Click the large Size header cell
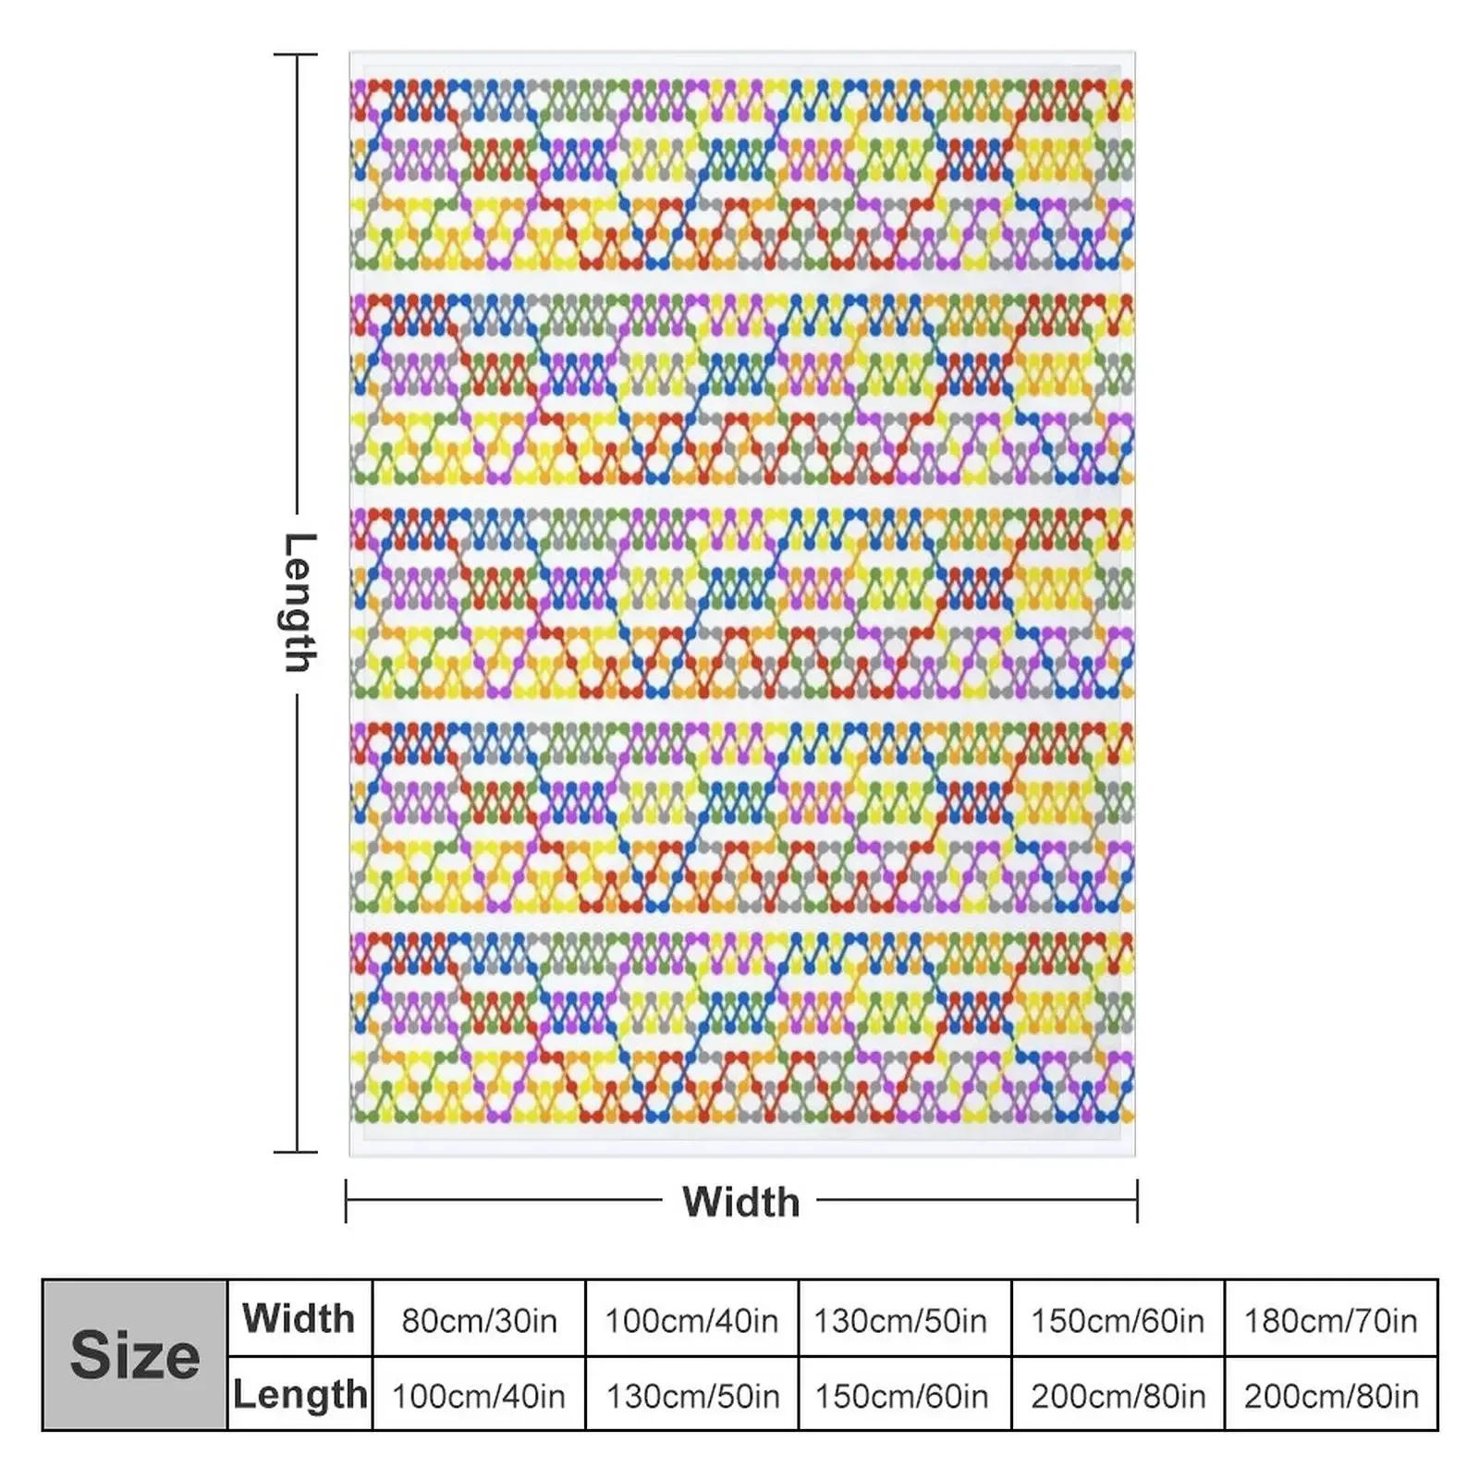point(135,1355)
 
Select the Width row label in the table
point(299,1318)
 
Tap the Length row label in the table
point(299,1394)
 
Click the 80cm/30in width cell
point(479,1320)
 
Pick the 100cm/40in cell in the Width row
point(691,1320)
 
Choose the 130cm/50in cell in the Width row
point(900,1320)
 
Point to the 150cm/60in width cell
point(1118,1320)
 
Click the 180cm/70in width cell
point(1330,1320)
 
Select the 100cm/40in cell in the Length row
point(479,1396)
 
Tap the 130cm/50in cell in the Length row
point(692,1396)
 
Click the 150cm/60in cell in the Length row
point(901,1396)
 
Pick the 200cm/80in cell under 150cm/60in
point(1118,1396)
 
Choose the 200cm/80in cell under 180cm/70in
point(1331,1396)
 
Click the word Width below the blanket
point(740,1202)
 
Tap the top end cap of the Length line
point(296,55)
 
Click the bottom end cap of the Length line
point(296,1152)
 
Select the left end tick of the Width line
point(346,1201)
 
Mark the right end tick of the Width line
point(1137,1201)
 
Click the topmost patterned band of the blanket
point(741,174)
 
